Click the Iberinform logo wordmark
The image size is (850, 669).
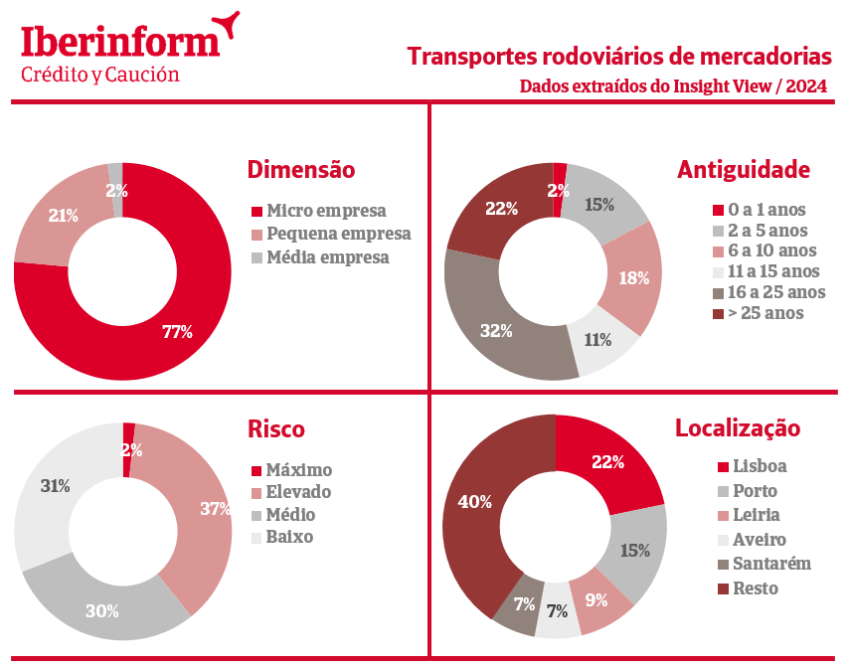(120, 41)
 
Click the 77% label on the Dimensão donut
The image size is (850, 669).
(177, 332)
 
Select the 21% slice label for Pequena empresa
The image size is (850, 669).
(64, 215)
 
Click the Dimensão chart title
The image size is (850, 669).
(300, 170)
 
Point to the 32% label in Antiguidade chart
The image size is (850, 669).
(496, 331)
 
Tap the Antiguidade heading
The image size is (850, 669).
(744, 170)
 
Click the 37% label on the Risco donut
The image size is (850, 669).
(216, 508)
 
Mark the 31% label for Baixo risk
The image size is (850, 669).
(55, 486)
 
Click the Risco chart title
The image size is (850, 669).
(276, 429)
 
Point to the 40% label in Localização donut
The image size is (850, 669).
(474, 502)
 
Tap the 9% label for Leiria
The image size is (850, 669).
(595, 599)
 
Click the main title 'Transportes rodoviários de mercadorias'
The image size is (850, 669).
(618, 56)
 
